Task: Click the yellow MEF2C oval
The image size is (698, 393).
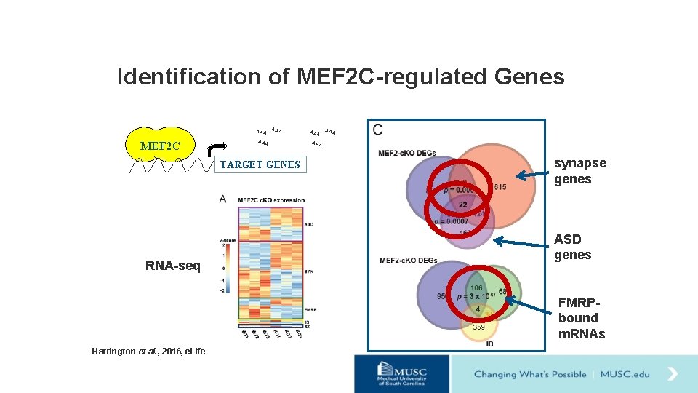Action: pyautogui.click(x=159, y=145)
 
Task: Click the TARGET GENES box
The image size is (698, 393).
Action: pyautogui.click(x=260, y=164)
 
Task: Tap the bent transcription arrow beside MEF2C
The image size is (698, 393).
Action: pyautogui.click(x=214, y=148)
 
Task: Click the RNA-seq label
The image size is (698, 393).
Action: pyautogui.click(x=173, y=266)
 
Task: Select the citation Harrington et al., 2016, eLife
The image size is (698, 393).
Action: pyautogui.click(x=148, y=352)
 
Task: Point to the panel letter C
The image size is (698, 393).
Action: pyautogui.click(x=378, y=130)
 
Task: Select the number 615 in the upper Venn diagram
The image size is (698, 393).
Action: pyautogui.click(x=500, y=188)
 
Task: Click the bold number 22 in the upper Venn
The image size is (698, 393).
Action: pyautogui.click(x=462, y=205)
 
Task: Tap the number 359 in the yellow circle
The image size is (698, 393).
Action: pyautogui.click(x=478, y=327)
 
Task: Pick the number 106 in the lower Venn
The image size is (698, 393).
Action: pyautogui.click(x=476, y=288)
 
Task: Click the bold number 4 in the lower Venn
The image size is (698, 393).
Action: pyautogui.click(x=477, y=309)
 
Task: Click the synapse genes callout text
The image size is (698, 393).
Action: pyautogui.click(x=579, y=171)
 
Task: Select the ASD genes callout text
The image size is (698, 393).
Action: pyautogui.click(x=572, y=247)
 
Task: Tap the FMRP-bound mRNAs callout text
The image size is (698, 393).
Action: pyautogui.click(x=581, y=318)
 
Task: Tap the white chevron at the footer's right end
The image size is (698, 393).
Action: pyautogui.click(x=673, y=374)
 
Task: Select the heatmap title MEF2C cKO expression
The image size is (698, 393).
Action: pyautogui.click(x=271, y=200)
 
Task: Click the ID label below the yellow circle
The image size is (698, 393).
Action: pyautogui.click(x=489, y=344)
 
